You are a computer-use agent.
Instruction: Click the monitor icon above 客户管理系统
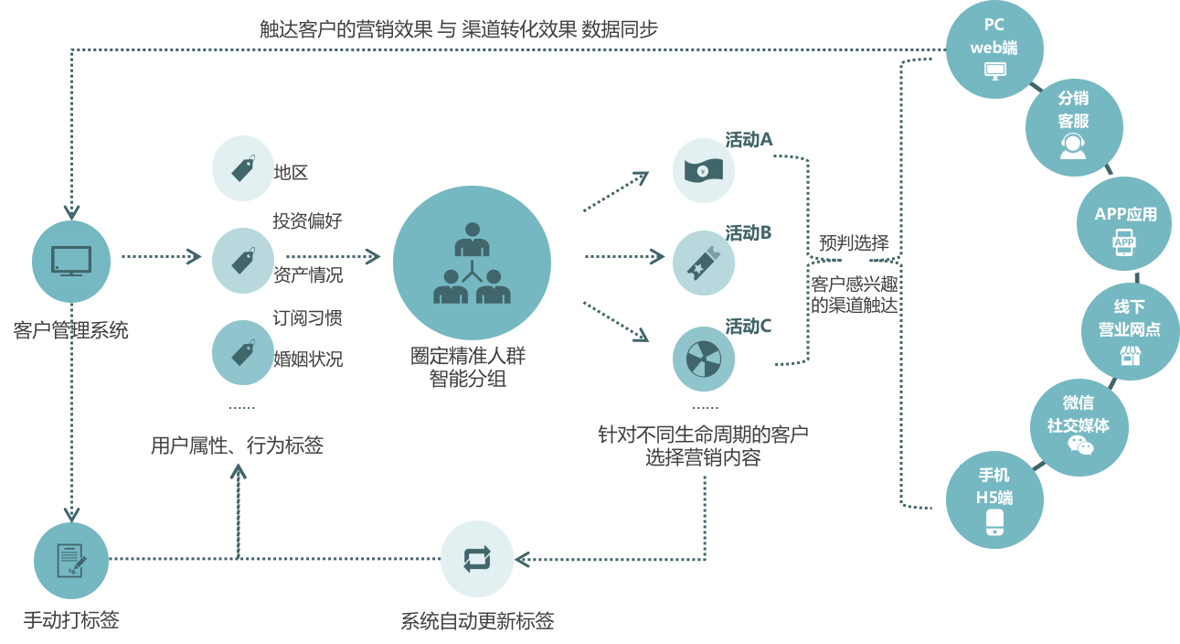point(70,260)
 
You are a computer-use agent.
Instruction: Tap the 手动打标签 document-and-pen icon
point(71,560)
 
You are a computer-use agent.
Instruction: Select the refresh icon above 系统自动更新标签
point(477,558)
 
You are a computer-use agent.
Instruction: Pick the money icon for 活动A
point(703,170)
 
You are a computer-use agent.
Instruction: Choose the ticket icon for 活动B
point(703,262)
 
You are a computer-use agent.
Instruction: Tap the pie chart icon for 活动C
point(703,358)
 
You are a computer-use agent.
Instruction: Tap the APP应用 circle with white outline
point(1124,223)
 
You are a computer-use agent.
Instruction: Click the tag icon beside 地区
point(242,168)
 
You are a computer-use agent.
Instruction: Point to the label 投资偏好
point(307,221)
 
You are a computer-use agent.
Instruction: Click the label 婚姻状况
point(307,359)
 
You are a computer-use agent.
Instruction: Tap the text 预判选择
point(854,243)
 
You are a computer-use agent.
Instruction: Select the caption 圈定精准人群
point(468,355)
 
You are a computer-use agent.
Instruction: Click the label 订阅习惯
point(307,318)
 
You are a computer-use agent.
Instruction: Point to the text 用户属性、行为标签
point(237,445)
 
